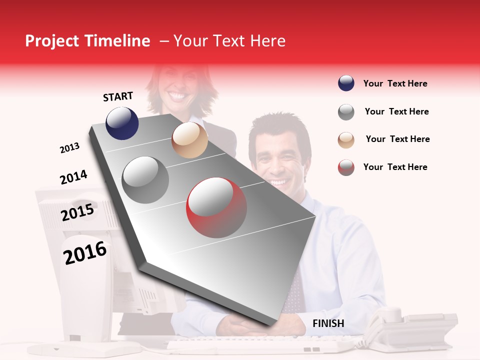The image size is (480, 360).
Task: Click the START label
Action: (118, 96)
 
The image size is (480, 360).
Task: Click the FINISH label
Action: (328, 323)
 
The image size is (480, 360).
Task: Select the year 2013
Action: (69, 148)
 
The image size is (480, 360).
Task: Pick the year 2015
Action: (77, 212)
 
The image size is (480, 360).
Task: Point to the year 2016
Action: (85, 253)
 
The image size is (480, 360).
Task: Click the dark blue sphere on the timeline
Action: (122, 123)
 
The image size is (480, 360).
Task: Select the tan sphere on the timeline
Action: (189, 140)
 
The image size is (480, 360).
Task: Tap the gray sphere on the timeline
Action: (145, 180)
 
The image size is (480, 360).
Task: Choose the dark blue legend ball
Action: (346, 83)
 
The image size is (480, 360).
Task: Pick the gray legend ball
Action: (346, 112)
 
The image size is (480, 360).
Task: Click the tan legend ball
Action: (346, 139)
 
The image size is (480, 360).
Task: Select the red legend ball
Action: (346, 167)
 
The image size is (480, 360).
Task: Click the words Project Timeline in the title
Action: (87, 41)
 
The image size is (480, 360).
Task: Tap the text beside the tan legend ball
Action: (397, 139)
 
